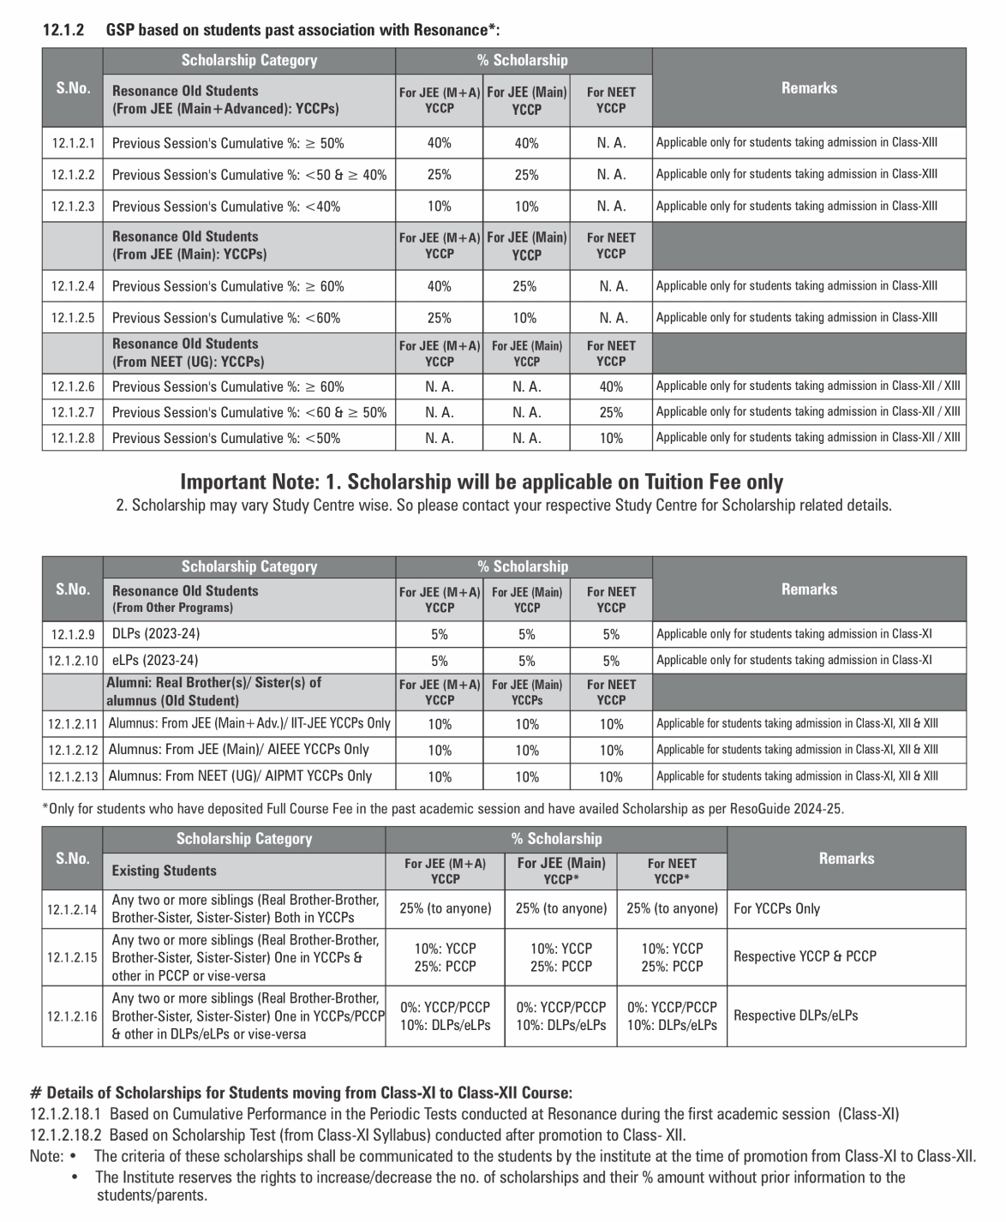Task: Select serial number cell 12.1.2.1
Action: [73, 143]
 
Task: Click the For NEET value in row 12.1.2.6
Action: [611, 386]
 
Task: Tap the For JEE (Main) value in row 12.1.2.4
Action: [526, 286]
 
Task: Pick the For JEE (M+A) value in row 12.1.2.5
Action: [439, 318]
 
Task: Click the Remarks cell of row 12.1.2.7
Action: [808, 412]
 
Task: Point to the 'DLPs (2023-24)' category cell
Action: [156, 634]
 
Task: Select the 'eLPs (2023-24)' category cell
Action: [155, 661]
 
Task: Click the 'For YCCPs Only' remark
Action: [776, 908]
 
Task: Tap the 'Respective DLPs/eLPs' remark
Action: [795, 1015]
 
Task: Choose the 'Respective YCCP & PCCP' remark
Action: [805, 956]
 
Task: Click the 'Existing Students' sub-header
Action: [164, 871]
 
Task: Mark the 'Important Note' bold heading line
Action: [482, 482]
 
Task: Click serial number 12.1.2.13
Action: [73, 776]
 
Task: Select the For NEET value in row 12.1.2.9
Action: [611, 635]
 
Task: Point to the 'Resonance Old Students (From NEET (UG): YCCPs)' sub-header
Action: [188, 353]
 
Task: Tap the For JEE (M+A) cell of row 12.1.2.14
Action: [446, 908]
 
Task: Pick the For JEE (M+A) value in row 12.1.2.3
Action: [439, 207]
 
